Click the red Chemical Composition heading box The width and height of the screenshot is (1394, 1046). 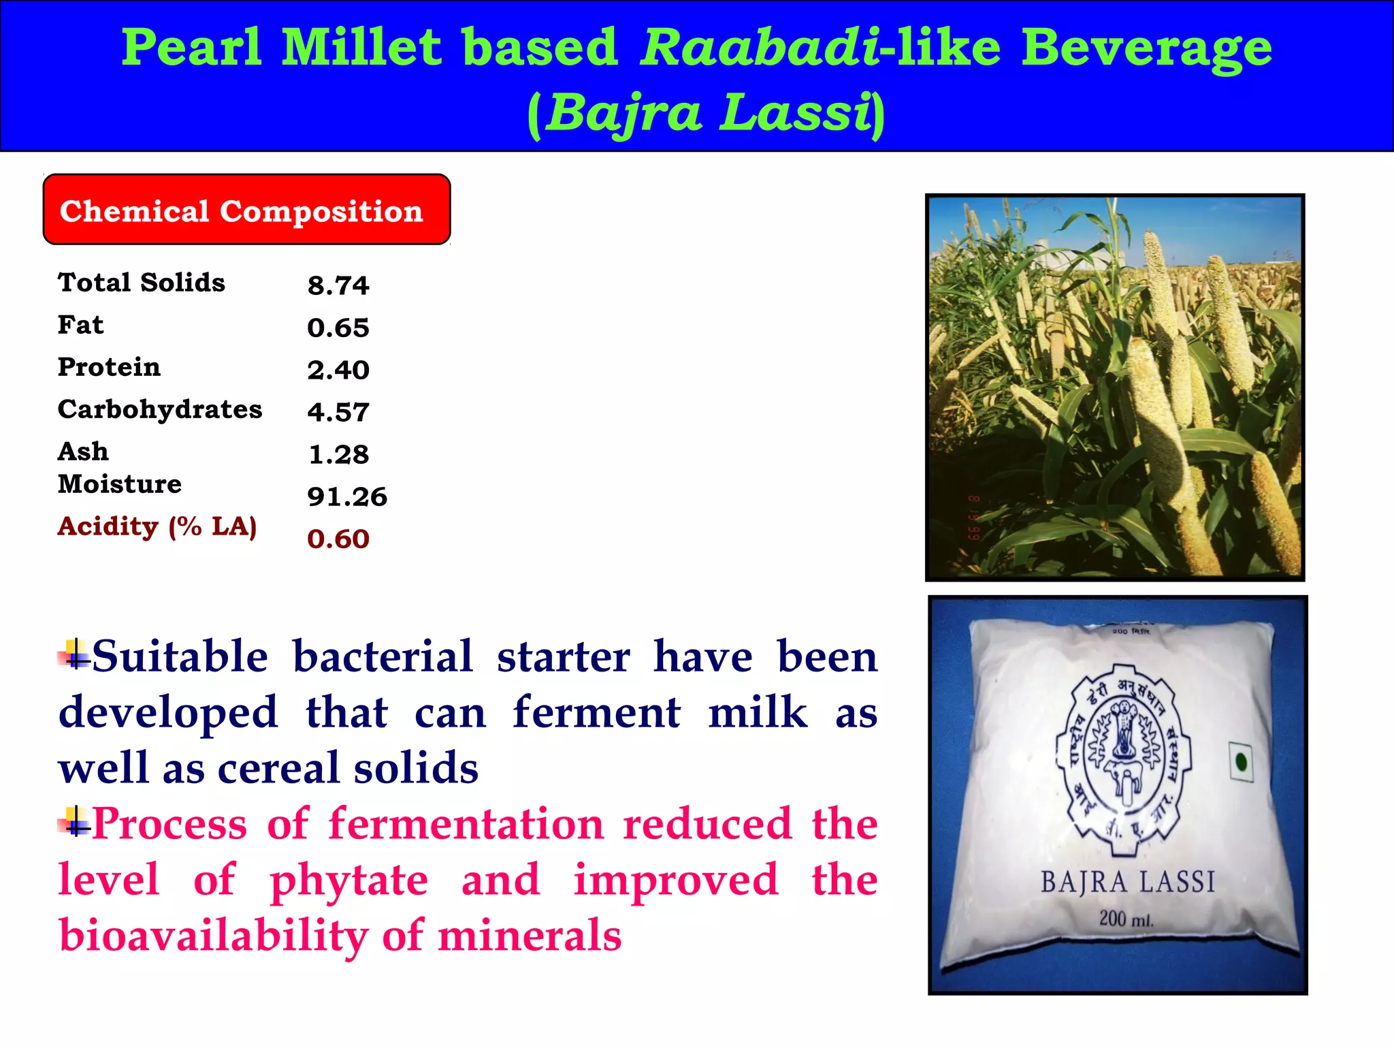(x=246, y=210)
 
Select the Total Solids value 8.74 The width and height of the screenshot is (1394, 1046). (x=338, y=285)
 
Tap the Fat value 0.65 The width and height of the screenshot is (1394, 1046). (x=338, y=328)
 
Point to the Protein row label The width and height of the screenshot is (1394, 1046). (x=109, y=367)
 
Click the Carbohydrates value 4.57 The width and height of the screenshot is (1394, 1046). (x=338, y=412)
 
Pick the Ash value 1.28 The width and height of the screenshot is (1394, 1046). (x=338, y=454)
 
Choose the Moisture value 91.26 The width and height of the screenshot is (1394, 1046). (x=346, y=496)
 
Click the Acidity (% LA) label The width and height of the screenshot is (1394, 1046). (x=157, y=526)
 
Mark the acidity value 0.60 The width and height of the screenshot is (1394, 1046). (x=338, y=539)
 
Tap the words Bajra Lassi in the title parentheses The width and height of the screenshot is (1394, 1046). (x=708, y=112)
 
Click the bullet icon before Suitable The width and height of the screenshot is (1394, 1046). (x=75, y=655)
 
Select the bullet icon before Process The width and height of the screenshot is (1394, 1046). (x=75, y=822)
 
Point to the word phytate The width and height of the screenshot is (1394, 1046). (x=348, y=880)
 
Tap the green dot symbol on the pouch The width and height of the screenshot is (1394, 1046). (x=1242, y=761)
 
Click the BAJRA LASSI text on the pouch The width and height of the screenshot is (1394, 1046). (x=1127, y=882)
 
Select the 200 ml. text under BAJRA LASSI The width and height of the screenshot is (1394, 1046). (x=1126, y=919)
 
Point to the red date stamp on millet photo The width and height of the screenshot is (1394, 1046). (x=974, y=518)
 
